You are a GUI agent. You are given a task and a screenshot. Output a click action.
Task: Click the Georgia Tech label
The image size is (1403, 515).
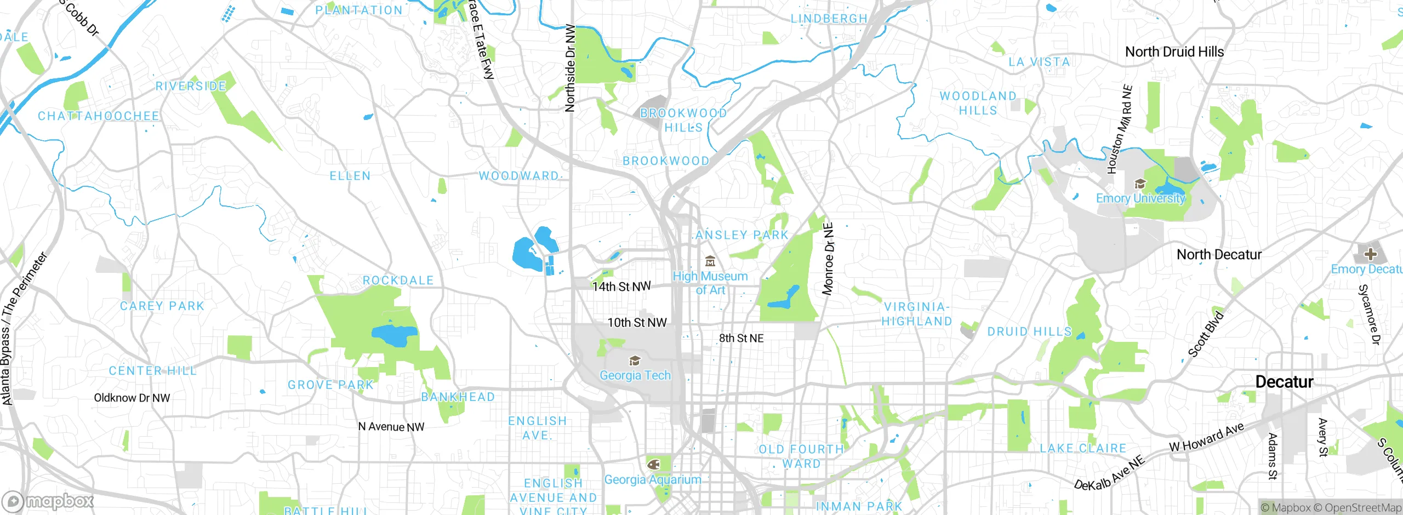(x=635, y=375)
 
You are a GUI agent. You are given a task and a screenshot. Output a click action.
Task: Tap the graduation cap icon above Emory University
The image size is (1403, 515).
(x=1140, y=184)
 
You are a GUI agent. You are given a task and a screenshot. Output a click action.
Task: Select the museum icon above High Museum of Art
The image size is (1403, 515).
(x=710, y=261)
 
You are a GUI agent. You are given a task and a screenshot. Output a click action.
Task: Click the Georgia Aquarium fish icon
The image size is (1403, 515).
(x=653, y=465)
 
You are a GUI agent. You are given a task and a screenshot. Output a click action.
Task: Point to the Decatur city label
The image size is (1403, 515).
(x=1284, y=382)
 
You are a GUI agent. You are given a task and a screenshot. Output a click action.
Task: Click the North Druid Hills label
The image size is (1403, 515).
(x=1174, y=52)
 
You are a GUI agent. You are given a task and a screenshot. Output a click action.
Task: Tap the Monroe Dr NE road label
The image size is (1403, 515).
(x=828, y=259)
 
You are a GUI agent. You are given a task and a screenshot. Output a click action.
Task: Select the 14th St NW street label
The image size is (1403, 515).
(x=621, y=286)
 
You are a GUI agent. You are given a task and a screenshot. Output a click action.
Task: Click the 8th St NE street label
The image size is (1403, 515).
(x=741, y=338)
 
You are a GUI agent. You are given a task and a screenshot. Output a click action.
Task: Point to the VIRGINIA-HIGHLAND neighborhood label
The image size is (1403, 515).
(x=916, y=314)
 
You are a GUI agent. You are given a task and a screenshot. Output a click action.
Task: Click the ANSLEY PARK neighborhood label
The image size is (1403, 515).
(x=742, y=235)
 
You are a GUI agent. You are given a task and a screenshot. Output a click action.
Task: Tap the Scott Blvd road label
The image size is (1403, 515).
(x=1205, y=334)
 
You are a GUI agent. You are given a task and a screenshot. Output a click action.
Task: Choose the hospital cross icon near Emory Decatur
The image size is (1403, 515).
(x=1370, y=254)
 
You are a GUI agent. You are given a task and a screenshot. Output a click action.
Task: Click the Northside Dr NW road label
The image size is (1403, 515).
(x=570, y=68)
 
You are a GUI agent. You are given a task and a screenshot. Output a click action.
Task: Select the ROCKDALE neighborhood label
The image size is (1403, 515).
(x=398, y=281)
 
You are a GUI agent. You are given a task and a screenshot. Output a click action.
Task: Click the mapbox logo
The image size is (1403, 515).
(x=48, y=501)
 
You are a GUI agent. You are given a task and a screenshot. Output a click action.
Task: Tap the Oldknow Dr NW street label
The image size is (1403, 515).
(x=132, y=398)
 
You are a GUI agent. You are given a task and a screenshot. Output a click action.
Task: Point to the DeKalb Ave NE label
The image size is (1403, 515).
(x=1110, y=473)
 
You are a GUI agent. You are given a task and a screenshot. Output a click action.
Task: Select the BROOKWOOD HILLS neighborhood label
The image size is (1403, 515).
(x=683, y=120)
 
